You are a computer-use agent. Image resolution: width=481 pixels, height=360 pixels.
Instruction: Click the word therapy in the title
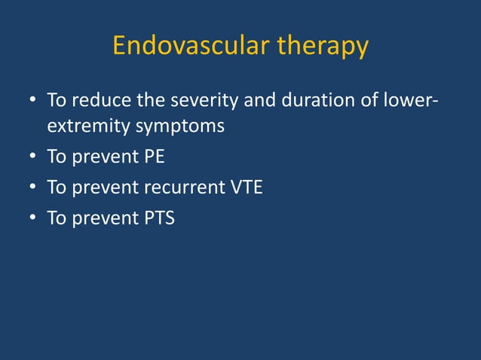coord(323,47)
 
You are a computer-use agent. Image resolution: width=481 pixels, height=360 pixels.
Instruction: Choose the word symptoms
coord(179,126)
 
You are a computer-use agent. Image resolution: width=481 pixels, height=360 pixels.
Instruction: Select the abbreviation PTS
coord(156,218)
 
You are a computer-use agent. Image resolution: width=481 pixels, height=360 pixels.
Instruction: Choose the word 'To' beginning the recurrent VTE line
coord(57,188)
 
